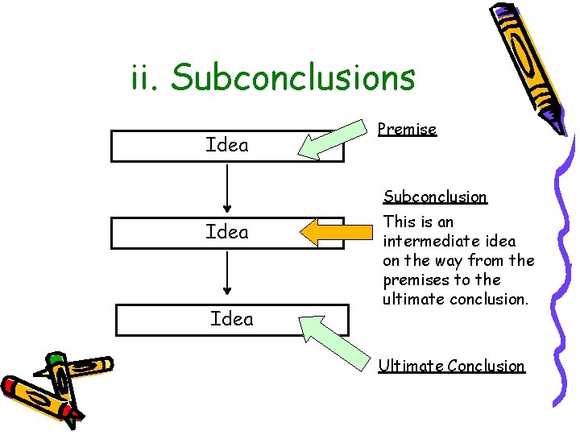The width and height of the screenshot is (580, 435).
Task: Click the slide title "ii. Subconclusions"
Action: pos(272,78)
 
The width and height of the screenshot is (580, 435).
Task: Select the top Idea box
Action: pos(226,145)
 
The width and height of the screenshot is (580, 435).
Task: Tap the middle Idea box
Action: pos(226,232)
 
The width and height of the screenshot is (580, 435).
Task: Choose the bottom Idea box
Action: pos(231,319)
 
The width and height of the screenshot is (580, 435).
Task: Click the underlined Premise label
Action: pos(407,129)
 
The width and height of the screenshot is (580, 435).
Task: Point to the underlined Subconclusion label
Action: pos(435,197)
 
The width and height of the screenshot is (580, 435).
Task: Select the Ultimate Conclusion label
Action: pos(452,366)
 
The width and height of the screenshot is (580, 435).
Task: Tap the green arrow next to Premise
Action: pos(331,137)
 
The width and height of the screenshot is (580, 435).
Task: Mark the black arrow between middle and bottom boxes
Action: pos(228,275)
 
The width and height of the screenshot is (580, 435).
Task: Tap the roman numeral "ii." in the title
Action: pos(145,78)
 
